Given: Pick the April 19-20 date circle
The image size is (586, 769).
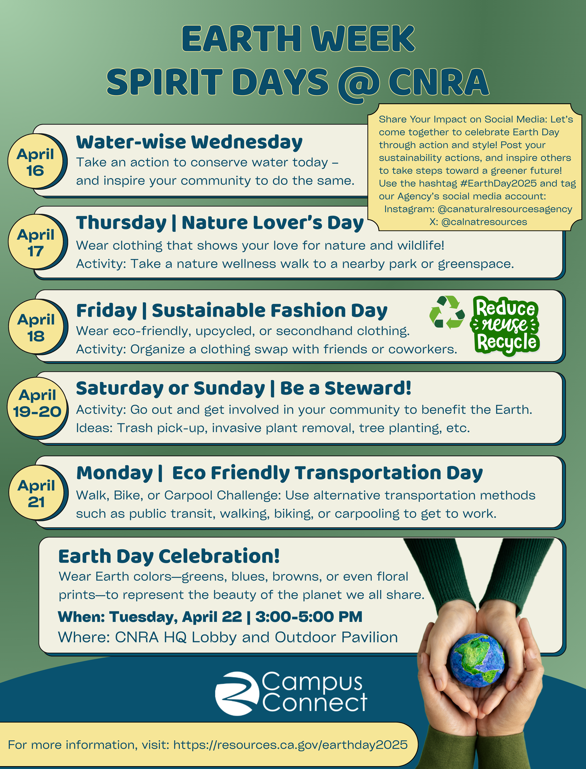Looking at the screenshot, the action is pyautogui.click(x=37, y=407).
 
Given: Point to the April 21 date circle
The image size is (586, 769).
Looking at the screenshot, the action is pyautogui.click(x=36, y=493).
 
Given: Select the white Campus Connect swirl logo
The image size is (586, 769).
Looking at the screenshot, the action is pyautogui.click(x=237, y=693).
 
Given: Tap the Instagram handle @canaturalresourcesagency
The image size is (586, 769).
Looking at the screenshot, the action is pyautogui.click(x=505, y=209).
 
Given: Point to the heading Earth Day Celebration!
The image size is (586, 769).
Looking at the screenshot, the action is pyautogui.click(x=169, y=556).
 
